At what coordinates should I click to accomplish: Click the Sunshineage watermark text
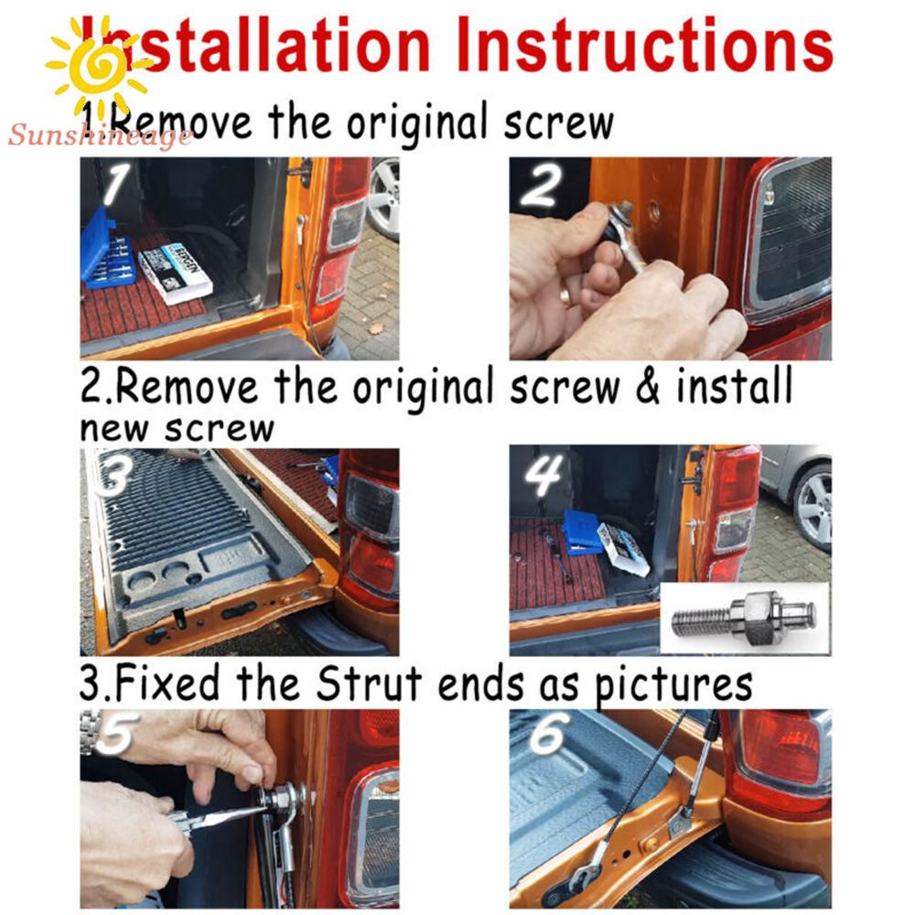tap(100, 135)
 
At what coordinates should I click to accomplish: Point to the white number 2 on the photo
tap(542, 185)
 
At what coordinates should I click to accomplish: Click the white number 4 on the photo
tap(544, 476)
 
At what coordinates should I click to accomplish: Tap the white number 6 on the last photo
tap(548, 733)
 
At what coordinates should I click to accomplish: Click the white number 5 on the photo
tap(117, 733)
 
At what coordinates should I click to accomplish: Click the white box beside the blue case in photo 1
tap(175, 274)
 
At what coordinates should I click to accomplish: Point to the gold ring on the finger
tap(565, 296)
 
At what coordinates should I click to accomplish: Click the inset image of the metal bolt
tap(745, 618)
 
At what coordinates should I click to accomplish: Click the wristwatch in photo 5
tap(90, 732)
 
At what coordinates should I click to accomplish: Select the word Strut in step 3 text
tap(368, 683)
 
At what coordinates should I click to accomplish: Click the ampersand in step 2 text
tap(648, 387)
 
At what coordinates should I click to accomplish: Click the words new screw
tap(177, 428)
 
